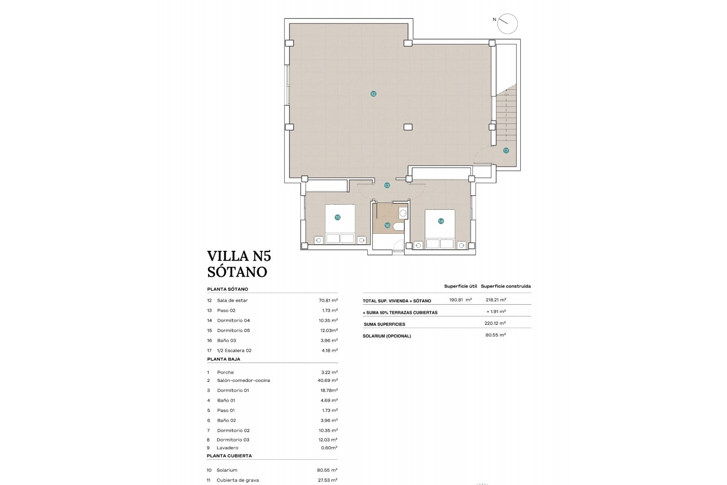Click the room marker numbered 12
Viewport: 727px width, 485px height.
373,94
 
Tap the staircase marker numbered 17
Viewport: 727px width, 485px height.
506,150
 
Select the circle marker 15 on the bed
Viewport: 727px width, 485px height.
337,217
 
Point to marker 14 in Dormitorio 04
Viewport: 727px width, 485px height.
441,221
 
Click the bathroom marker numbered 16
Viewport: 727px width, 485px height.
387,225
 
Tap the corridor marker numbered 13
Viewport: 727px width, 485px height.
387,186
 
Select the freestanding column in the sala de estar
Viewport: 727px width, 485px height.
408,127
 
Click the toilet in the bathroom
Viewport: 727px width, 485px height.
399,227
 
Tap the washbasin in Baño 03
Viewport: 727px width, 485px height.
403,213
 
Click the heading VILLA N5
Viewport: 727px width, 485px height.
239,256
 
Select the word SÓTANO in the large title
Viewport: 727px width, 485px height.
237,272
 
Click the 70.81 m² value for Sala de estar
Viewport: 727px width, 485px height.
328,300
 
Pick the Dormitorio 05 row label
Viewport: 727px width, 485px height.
233,330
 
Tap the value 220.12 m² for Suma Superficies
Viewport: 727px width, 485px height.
495,323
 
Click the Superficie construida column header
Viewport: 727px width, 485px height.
505,286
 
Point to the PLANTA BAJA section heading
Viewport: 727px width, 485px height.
223,359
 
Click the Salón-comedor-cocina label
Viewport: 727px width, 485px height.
243,380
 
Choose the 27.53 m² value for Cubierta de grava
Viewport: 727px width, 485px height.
327,480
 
